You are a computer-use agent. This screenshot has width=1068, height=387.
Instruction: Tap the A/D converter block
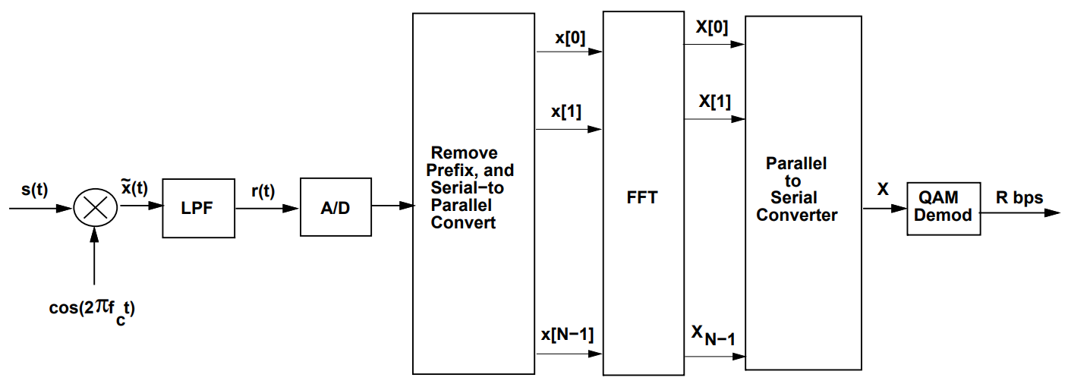(336, 208)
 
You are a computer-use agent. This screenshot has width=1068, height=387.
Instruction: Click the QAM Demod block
(943, 207)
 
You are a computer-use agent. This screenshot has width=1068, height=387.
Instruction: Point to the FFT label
(642, 198)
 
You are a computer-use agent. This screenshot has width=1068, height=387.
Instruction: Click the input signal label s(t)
(34, 190)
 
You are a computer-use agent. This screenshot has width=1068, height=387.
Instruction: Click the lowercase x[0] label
(570, 38)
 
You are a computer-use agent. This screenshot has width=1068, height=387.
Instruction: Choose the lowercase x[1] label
(566, 112)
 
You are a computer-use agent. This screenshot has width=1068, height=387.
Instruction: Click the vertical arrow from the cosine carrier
(94, 258)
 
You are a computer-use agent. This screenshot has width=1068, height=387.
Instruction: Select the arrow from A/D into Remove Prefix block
(392, 206)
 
